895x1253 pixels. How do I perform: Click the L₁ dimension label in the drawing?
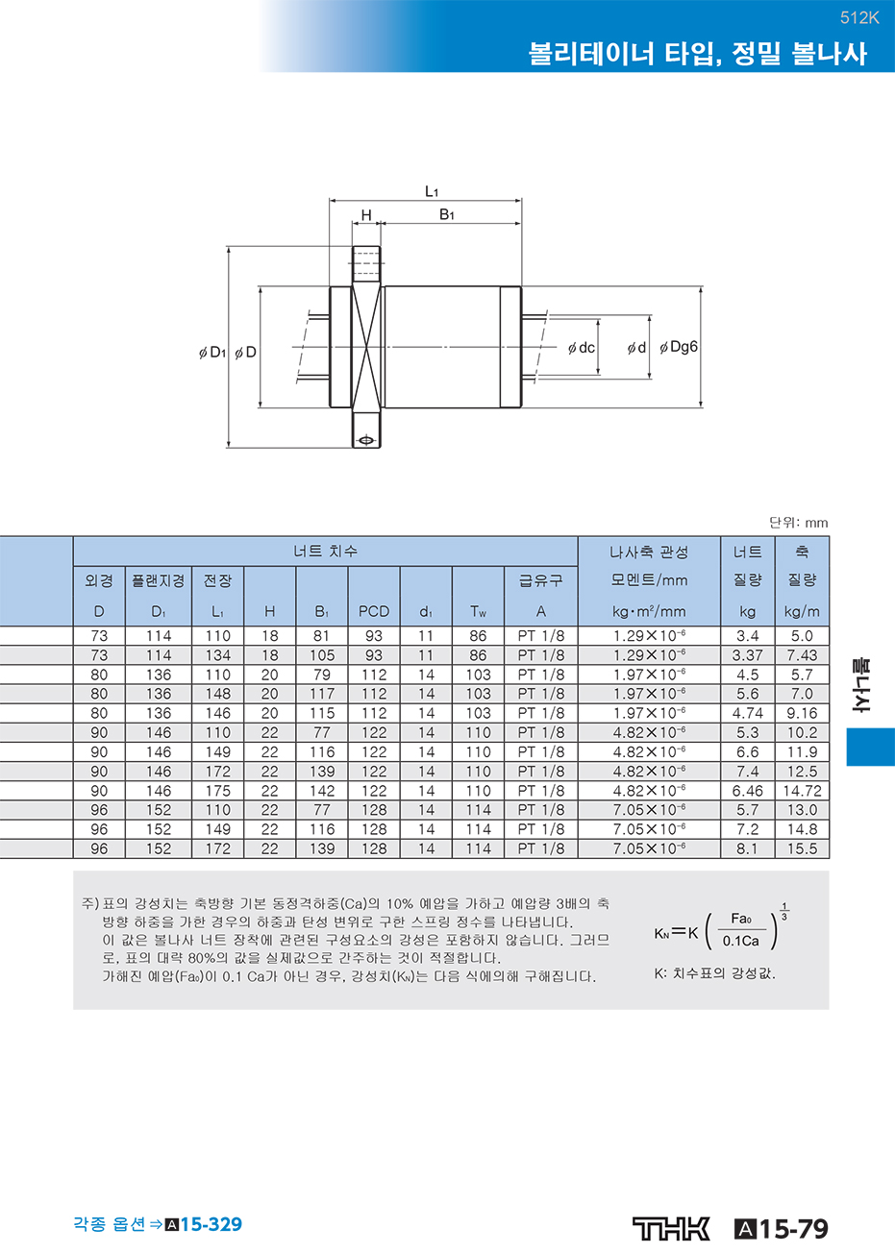pos(431,192)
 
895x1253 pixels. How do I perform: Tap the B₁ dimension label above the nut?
pos(447,215)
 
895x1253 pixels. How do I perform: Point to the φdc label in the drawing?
pos(581,348)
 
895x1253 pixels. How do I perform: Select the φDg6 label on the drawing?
pos(679,348)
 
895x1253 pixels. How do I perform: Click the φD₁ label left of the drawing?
pos(212,353)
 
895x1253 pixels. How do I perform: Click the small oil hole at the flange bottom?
pos(366,440)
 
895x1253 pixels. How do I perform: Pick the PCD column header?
pos(373,611)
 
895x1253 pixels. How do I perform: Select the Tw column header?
pos(478,611)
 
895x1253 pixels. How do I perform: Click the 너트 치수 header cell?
pos(325,551)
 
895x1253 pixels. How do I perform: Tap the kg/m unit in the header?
pos(802,612)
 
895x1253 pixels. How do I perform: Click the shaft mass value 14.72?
pos(802,791)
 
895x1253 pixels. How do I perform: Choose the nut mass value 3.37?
pos(747,655)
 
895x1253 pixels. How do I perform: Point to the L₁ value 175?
pos(217,791)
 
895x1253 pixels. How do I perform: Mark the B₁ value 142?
pos(322,791)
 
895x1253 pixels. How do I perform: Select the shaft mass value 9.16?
pos(802,713)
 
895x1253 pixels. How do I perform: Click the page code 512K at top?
pos(859,18)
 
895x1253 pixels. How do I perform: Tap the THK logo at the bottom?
pos(671,1229)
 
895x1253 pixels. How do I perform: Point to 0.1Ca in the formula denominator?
pos(740,941)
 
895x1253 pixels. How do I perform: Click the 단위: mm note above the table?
pos(799,523)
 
